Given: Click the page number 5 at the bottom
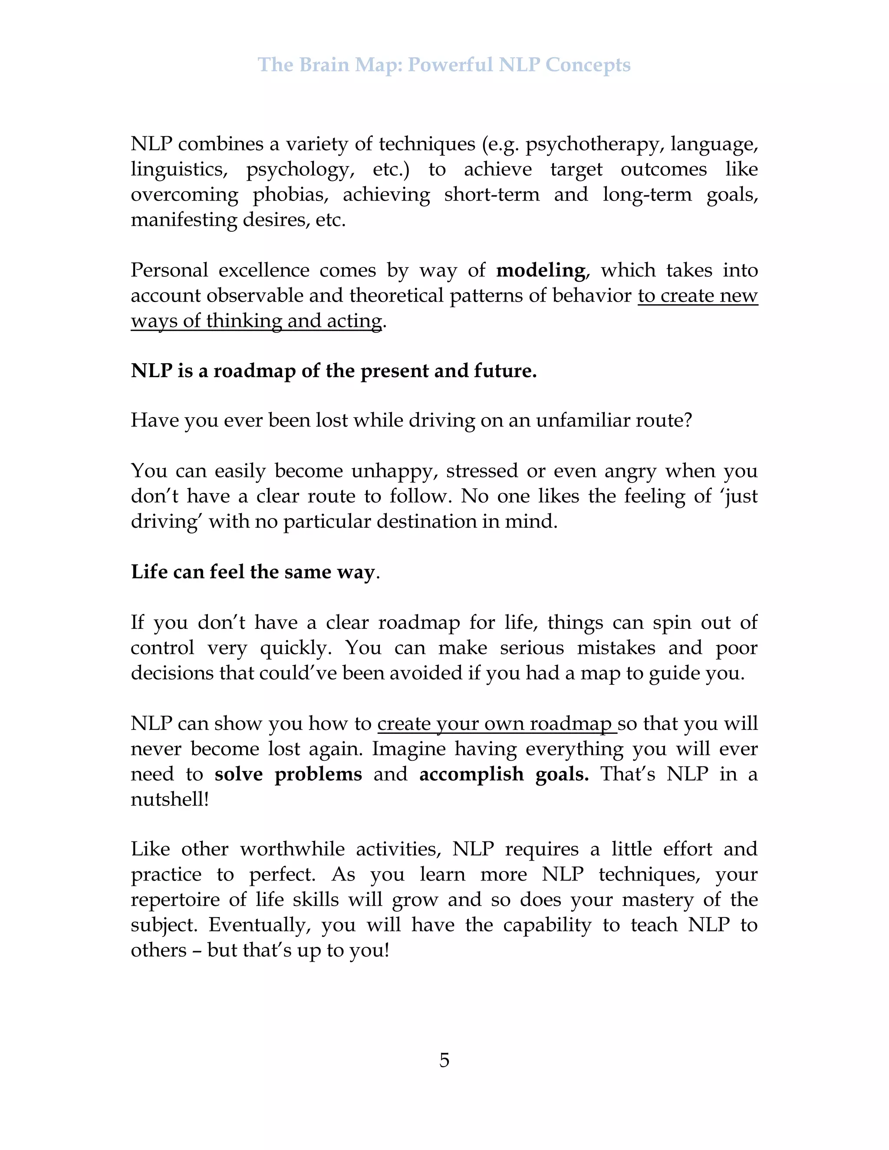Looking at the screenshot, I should (444, 1060).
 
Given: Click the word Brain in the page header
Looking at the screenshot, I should (324, 65).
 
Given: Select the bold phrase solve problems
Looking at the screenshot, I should (288, 774).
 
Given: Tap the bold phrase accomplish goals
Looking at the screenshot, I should (504, 774).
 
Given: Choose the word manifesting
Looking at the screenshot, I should (183, 220).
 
